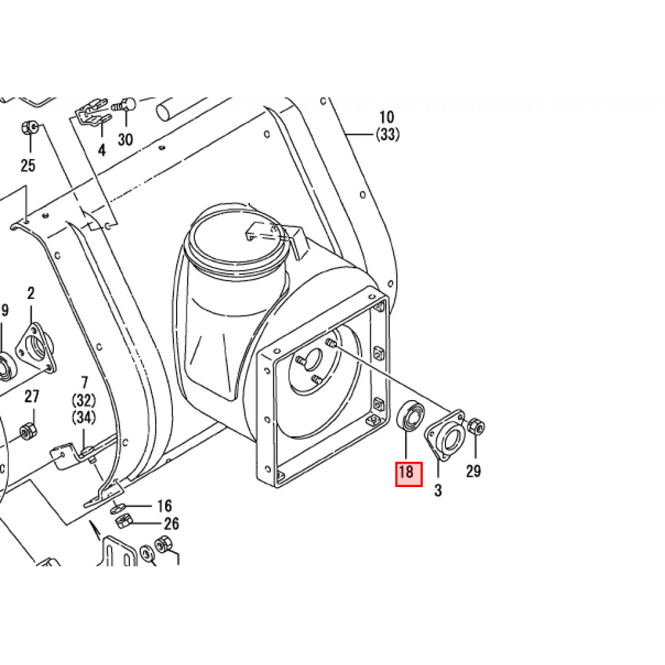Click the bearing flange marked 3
(445, 434)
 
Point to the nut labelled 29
(476, 427)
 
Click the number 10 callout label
(386, 118)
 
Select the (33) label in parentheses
(387, 135)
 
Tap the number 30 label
(125, 140)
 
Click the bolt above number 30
(125, 104)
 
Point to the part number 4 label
(101, 151)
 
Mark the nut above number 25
(29, 127)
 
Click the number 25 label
(27, 166)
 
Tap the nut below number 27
(27, 430)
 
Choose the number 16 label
(164, 506)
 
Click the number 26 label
(171, 523)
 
